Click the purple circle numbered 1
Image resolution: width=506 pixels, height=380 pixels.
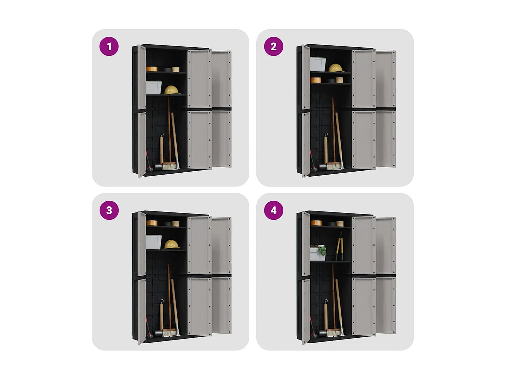[109, 46]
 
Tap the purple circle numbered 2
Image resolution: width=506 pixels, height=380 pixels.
[273, 46]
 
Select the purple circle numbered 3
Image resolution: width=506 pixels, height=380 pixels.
[109, 210]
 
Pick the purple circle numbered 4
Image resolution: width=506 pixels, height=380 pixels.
[273, 210]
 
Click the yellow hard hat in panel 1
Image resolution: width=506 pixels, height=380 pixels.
[172, 90]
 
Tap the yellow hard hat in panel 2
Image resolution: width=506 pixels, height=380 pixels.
[336, 68]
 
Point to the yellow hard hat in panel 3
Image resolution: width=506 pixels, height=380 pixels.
[172, 244]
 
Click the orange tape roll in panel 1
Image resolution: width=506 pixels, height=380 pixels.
[152, 69]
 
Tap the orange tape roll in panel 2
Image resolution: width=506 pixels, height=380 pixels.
[316, 80]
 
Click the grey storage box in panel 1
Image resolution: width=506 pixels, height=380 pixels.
[153, 88]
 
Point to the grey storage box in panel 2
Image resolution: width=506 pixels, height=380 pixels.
[318, 64]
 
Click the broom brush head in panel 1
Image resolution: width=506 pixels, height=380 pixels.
[169, 166]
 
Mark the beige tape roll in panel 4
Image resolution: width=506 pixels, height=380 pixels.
[340, 224]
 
